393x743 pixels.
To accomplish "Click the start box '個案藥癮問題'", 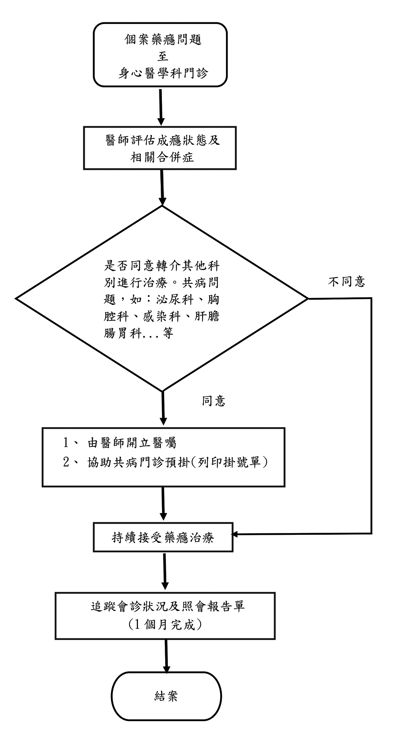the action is [x=160, y=55].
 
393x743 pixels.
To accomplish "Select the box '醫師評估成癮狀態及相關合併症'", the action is [x=160, y=148].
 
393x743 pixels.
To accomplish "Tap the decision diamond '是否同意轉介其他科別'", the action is [x=162, y=298].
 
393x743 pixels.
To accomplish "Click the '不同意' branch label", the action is [x=346, y=281].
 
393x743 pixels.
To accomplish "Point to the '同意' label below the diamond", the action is [x=214, y=401].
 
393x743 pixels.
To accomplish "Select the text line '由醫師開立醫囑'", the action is [x=132, y=443].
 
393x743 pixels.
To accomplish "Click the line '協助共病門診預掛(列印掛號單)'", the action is [x=178, y=462].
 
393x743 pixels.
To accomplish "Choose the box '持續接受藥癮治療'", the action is [x=163, y=537].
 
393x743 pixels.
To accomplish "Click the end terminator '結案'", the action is [x=166, y=696].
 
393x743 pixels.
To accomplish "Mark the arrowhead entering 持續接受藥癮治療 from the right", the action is [x=235, y=534].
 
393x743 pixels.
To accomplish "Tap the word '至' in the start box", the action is [x=163, y=57].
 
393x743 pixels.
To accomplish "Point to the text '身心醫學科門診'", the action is [x=163, y=73].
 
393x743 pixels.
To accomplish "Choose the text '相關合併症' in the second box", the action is [x=162, y=157].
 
